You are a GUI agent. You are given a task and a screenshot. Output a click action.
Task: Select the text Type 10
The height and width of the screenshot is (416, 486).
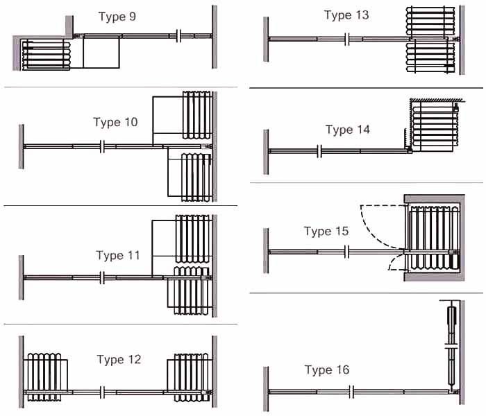[x=115, y=123]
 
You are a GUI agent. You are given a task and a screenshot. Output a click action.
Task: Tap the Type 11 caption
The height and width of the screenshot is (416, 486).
[x=117, y=256]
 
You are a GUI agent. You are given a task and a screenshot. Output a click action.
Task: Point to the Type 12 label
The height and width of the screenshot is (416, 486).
[x=119, y=359]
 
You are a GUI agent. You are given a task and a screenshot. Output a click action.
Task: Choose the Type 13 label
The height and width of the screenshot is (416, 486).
[x=346, y=15]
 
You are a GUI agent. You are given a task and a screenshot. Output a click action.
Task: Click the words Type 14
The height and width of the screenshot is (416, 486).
[x=347, y=130]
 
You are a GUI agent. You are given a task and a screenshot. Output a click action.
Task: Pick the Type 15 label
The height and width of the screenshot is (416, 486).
[x=326, y=231]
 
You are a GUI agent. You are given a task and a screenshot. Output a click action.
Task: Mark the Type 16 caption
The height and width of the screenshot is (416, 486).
[x=327, y=370]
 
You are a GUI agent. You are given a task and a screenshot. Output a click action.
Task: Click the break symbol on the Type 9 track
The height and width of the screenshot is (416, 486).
[x=179, y=35]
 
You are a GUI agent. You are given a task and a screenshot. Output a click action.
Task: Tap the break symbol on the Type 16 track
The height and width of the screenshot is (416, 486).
[x=352, y=391]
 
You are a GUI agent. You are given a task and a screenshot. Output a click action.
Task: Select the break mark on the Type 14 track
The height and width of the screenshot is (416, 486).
[x=319, y=150]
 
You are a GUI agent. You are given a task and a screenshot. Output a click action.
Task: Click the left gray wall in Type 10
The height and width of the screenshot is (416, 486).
[x=22, y=146]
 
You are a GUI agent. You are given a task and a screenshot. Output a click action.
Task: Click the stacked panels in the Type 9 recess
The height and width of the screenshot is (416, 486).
[x=45, y=55]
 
